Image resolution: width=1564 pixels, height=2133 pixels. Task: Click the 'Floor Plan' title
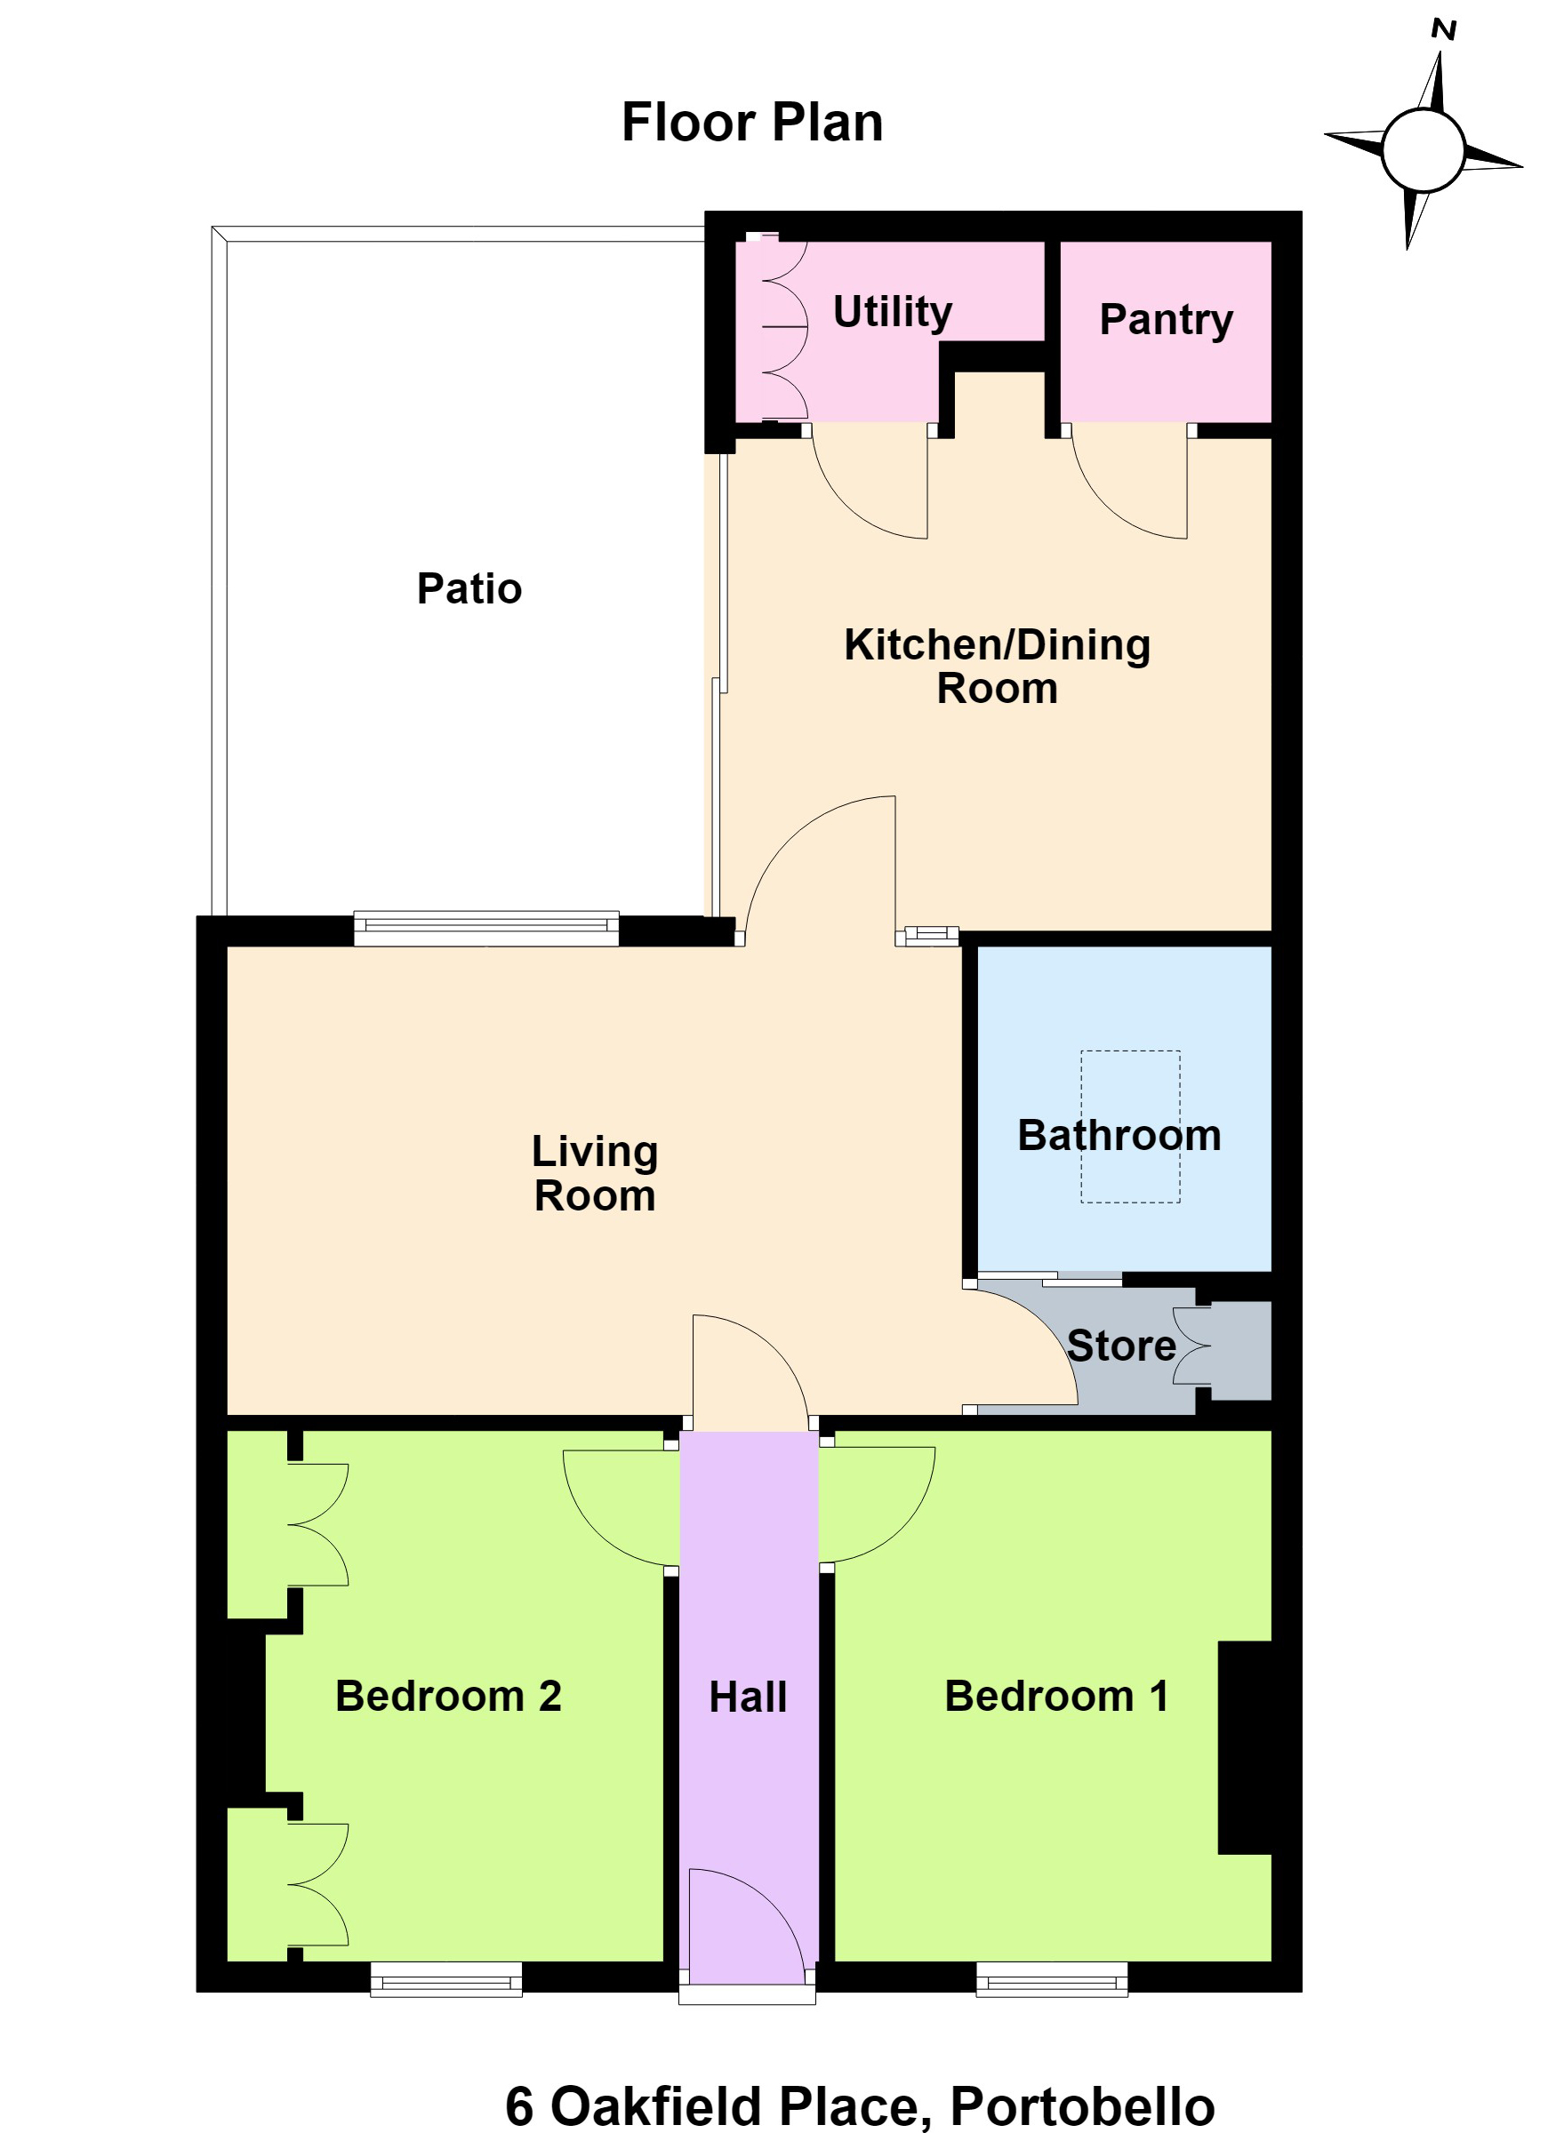pos(751,123)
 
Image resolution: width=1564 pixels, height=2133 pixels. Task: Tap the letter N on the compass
pos(1443,30)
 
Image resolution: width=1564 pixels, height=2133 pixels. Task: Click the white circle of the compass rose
pos(1423,150)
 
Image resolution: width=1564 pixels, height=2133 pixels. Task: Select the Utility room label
pos(892,311)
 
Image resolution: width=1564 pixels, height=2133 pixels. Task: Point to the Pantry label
pos(1166,320)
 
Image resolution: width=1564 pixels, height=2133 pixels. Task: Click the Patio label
pos(469,588)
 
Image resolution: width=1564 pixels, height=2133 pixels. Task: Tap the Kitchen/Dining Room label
pos(997,667)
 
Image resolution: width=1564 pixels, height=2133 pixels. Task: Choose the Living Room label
pos(595,1173)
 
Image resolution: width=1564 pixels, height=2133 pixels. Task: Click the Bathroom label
pos(1119,1136)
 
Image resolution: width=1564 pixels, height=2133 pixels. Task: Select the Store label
pos(1122,1346)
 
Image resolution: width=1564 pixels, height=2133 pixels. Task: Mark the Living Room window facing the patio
pos(486,929)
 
